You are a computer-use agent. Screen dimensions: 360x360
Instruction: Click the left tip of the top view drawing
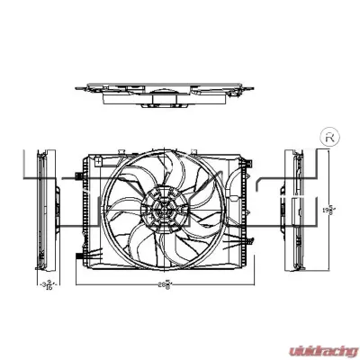coord(75,88)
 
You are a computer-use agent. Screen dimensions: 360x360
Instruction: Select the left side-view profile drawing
coord(40,211)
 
